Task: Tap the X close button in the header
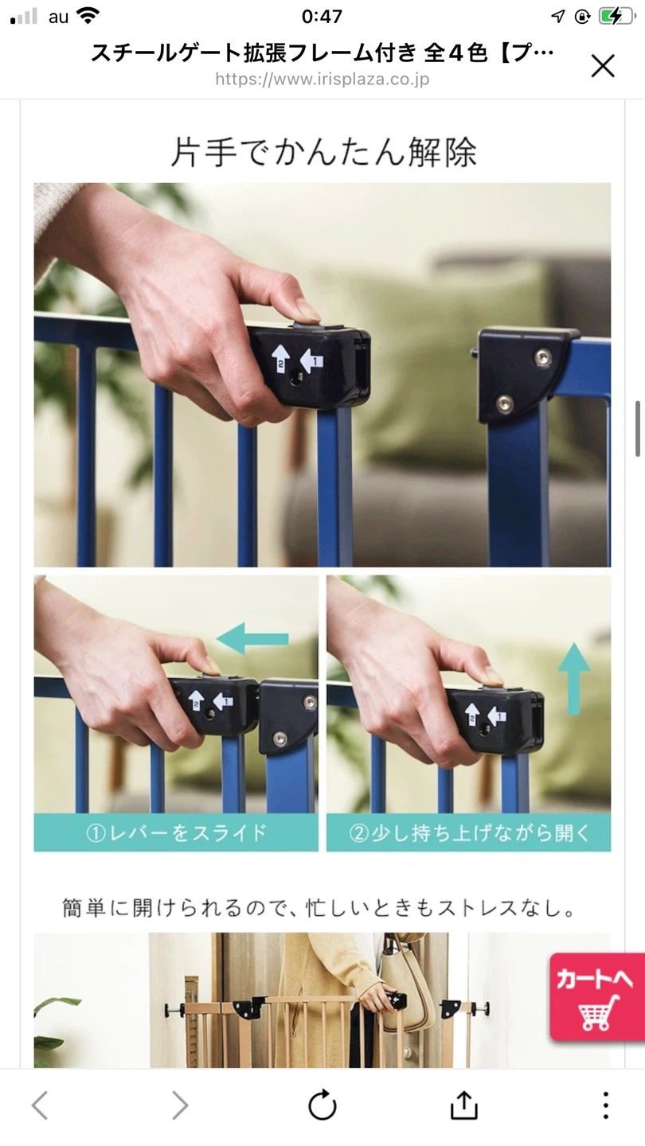tap(603, 67)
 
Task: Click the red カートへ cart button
tap(597, 997)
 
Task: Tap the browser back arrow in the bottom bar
tap(40, 1105)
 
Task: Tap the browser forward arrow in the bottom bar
tap(180, 1105)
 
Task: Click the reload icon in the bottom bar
tap(322, 1105)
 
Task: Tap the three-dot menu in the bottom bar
tap(605, 1105)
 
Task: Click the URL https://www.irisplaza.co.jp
tap(322, 80)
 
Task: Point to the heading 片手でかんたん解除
tap(323, 152)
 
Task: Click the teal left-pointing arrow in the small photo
tap(253, 638)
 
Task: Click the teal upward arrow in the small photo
tap(574, 679)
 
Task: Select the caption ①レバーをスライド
tap(176, 833)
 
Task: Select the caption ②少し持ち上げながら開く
tap(469, 833)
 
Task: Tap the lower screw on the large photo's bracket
tap(504, 404)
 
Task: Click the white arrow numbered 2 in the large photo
tap(280, 357)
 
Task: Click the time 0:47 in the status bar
tap(322, 17)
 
